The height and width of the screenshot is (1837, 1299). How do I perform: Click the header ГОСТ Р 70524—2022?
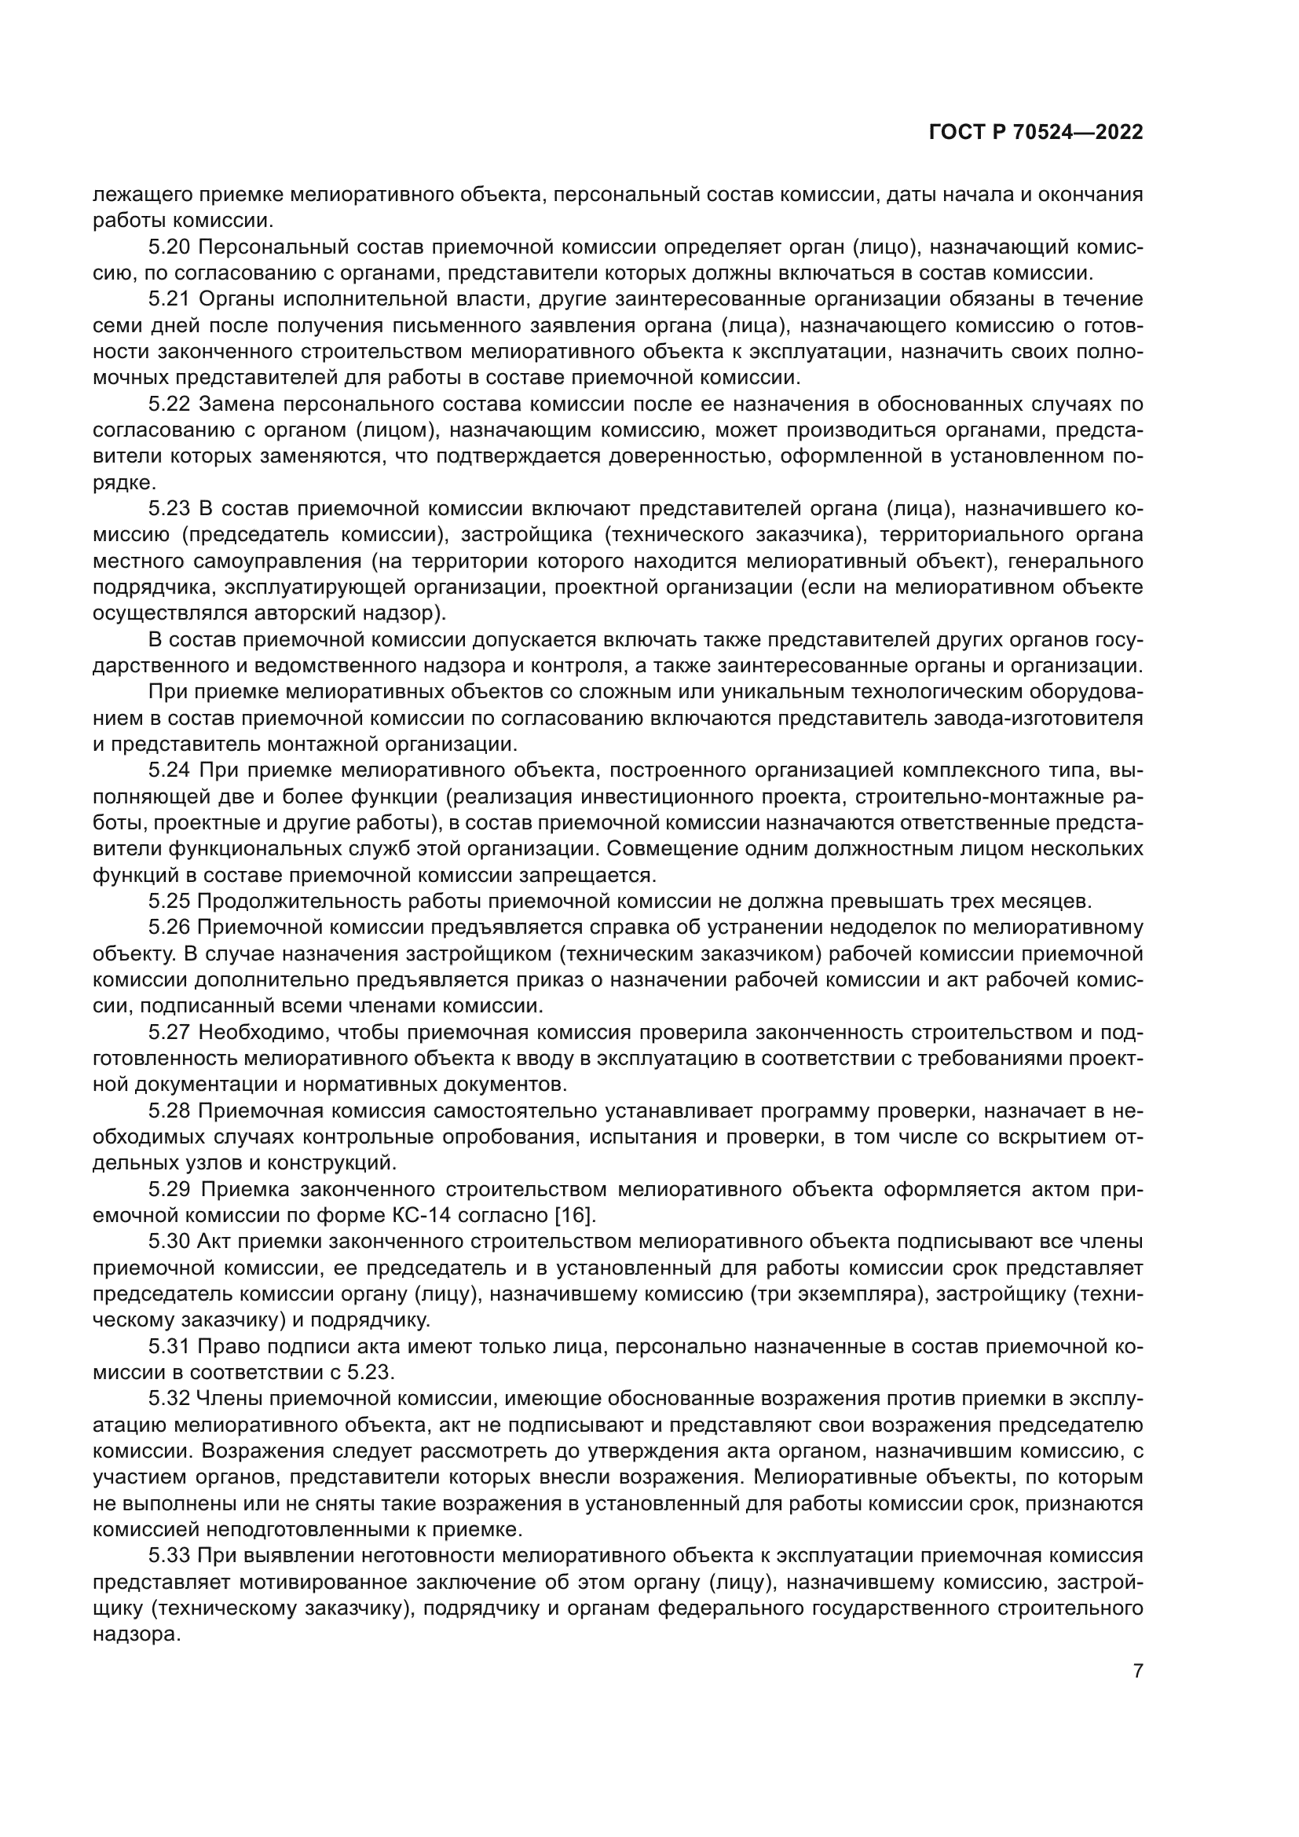pos(1036,133)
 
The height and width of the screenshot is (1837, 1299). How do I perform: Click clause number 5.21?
pos(169,300)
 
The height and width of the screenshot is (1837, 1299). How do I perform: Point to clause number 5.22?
pos(169,404)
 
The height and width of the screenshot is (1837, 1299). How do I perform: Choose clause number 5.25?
pos(169,902)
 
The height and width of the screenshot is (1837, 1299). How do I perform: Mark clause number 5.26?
pos(169,928)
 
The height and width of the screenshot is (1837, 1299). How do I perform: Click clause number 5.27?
pos(169,1033)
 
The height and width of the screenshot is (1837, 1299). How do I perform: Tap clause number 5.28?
pos(169,1111)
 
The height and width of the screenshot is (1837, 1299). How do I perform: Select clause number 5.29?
pos(169,1190)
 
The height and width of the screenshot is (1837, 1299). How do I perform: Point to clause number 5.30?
pos(169,1242)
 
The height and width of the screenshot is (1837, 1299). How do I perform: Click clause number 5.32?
pos(169,1399)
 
